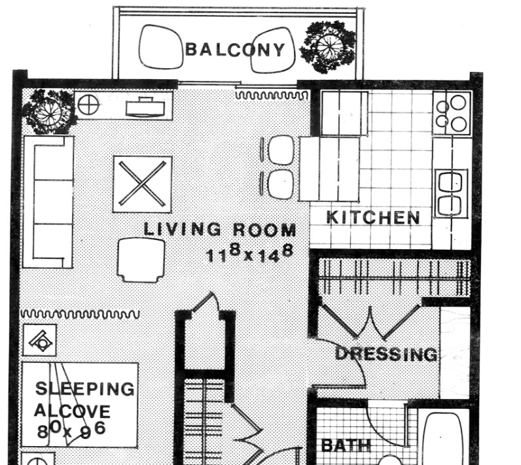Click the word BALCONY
[x=236, y=50]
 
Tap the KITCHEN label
[x=372, y=218]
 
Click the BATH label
[x=346, y=446]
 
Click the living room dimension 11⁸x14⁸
[x=249, y=252]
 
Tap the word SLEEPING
[x=84, y=388]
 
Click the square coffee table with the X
[x=142, y=184]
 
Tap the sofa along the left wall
[x=48, y=201]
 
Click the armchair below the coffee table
[x=141, y=259]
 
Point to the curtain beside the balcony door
[x=271, y=96]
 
